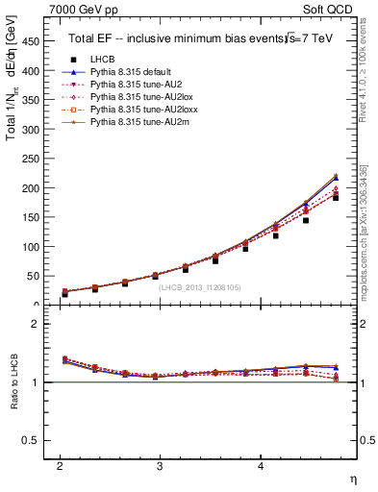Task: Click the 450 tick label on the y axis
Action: coord(30,42)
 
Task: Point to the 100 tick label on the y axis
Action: coord(30,247)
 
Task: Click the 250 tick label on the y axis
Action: coord(30,160)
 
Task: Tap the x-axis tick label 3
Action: coord(160,465)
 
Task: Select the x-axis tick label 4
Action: coord(261,465)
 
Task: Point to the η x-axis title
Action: coord(351,478)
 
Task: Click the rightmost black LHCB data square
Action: coord(336,197)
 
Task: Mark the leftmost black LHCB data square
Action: coord(64,293)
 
